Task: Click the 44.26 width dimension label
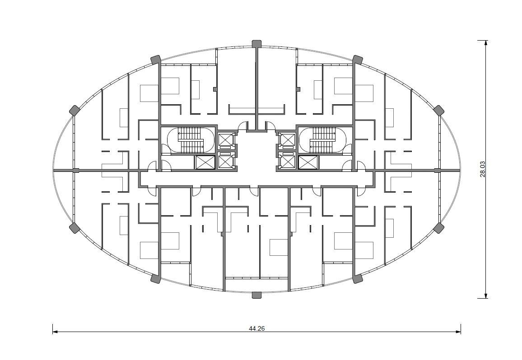256,328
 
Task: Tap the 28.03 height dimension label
483,169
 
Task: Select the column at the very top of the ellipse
256,44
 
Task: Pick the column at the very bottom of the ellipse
256,295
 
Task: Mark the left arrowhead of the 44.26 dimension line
55,332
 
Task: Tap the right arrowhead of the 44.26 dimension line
458,332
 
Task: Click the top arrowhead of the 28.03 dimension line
486,43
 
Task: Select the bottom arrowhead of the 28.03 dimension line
486,295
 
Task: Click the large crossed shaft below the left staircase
205,162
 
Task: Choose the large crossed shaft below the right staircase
308,162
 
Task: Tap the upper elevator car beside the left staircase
225,140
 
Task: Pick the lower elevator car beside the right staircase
288,162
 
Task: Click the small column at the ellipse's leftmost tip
76,171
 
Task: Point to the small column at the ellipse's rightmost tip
438,171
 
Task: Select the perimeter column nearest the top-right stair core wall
358,60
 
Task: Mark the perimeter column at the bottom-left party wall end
155,278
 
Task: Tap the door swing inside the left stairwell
166,149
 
